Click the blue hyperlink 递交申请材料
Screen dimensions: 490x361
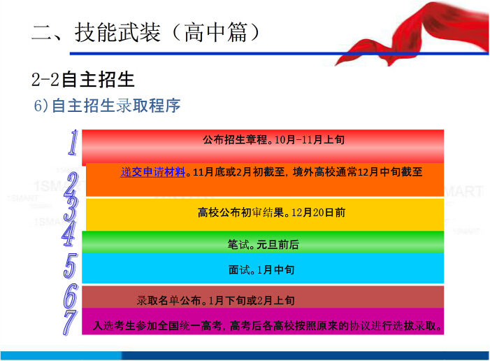(x=153, y=172)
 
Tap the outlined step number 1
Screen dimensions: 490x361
(x=73, y=143)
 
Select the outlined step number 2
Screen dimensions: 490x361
(x=71, y=185)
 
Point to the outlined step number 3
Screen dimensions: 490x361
(x=71, y=208)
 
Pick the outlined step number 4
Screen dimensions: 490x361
(x=69, y=234)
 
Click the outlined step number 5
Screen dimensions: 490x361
(x=71, y=266)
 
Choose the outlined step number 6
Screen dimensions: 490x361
(x=71, y=296)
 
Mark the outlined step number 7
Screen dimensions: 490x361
(x=70, y=323)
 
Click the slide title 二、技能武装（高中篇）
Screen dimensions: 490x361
(x=145, y=32)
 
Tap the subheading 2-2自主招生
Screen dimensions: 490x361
(x=82, y=79)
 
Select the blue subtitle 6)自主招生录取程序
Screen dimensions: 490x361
(x=107, y=106)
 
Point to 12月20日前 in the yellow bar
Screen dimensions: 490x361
(x=318, y=213)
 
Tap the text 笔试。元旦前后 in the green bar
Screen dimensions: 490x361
(x=263, y=245)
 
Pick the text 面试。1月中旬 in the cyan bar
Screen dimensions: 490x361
(x=261, y=269)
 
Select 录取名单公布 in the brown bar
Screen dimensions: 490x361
(x=168, y=301)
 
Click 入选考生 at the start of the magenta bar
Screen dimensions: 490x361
(x=115, y=326)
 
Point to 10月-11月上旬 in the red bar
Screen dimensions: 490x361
(x=310, y=139)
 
